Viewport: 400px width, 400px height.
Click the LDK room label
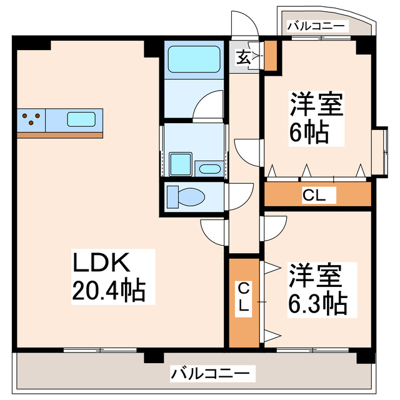tap(102, 262)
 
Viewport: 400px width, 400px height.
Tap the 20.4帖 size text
tap(110, 290)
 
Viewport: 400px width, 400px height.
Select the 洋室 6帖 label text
tap(316, 119)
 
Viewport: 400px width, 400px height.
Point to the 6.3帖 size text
tap(317, 304)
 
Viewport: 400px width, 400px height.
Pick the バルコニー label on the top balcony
tap(315, 26)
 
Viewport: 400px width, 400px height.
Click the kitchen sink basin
tap(81, 119)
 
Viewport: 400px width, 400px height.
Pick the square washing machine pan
tap(181, 164)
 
